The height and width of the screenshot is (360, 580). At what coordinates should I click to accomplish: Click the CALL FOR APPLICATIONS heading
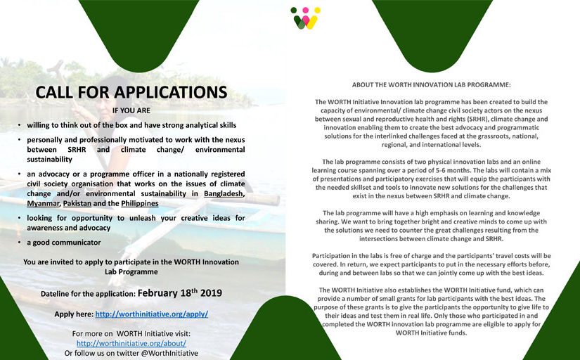pyautogui.click(x=131, y=92)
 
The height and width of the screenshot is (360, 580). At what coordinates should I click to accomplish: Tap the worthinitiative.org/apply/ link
pyautogui.click(x=151, y=314)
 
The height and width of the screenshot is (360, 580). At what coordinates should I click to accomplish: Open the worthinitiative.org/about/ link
pyautogui.click(x=131, y=343)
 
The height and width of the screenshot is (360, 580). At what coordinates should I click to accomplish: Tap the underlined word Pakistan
pyautogui.click(x=79, y=203)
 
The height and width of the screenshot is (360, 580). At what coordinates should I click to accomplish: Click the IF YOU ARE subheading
pyautogui.click(x=131, y=110)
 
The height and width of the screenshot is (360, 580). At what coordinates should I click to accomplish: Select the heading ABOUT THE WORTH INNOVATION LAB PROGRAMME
pyautogui.click(x=432, y=84)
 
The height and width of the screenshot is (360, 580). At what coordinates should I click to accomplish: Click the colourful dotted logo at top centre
pyautogui.click(x=306, y=18)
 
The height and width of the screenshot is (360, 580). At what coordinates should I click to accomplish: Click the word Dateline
pyautogui.click(x=58, y=293)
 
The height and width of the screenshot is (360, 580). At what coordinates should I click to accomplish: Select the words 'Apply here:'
pyautogui.click(x=74, y=314)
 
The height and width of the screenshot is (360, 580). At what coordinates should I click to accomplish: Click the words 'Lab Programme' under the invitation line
pyautogui.click(x=131, y=271)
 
